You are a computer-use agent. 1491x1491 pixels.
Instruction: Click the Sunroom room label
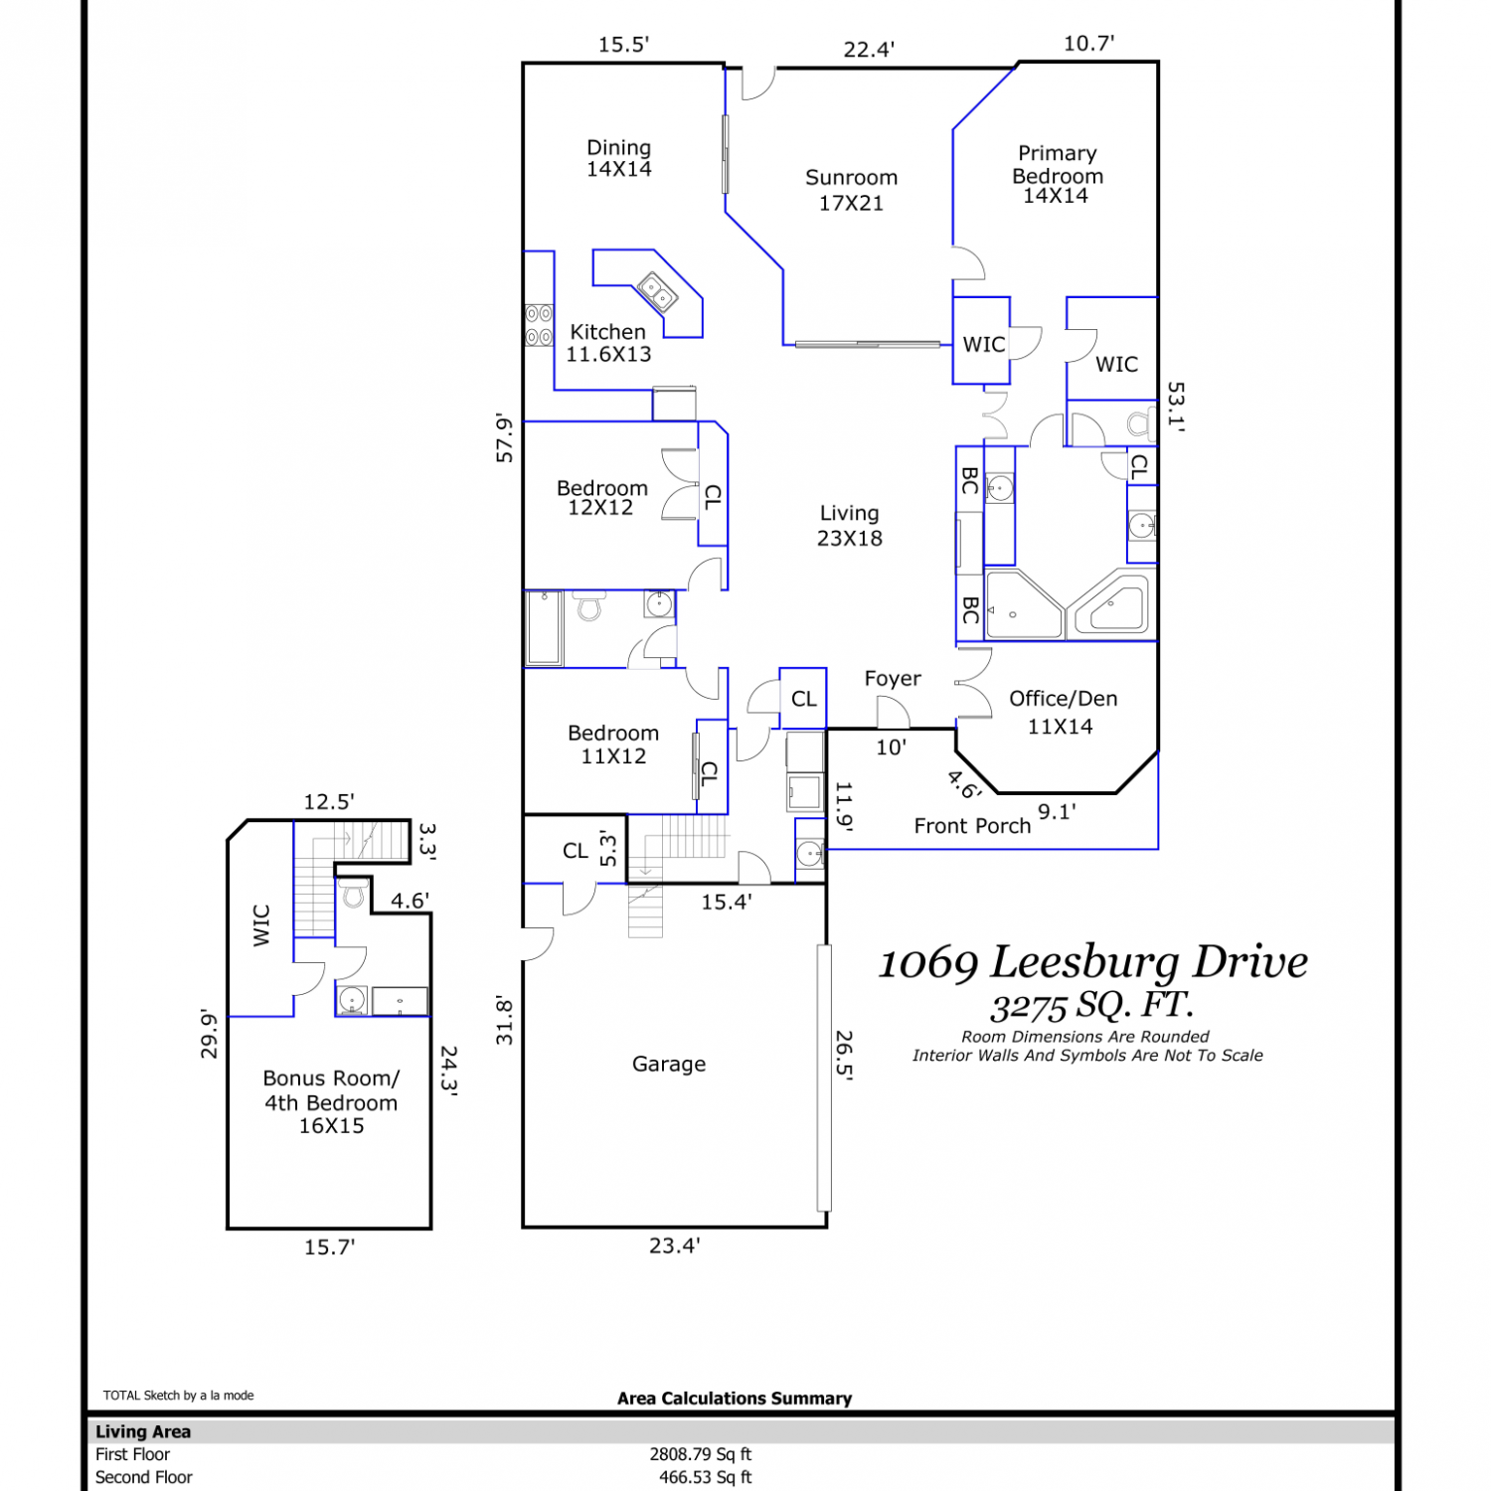(851, 190)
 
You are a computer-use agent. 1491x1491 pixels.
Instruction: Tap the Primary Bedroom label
(1057, 174)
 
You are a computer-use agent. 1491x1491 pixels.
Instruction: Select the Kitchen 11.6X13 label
(608, 343)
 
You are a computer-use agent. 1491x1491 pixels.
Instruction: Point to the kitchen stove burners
(539, 325)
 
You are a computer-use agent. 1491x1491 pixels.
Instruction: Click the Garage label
(669, 1064)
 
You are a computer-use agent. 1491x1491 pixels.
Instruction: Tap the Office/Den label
(1063, 713)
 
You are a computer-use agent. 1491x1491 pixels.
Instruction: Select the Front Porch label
(972, 826)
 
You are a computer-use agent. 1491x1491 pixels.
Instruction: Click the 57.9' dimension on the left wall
(505, 438)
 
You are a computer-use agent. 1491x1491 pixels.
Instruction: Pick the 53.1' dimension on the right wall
(1176, 406)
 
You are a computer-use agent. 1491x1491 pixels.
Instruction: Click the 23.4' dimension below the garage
(675, 1245)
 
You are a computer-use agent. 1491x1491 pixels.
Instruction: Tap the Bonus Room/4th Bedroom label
(331, 1101)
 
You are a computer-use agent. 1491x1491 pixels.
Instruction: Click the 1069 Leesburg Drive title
(1093, 962)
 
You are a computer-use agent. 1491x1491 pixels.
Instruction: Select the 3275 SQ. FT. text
(1091, 1006)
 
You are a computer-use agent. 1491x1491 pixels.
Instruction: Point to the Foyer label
(893, 678)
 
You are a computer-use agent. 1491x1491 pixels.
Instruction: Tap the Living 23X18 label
(850, 526)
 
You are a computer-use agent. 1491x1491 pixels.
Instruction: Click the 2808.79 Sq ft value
(701, 1454)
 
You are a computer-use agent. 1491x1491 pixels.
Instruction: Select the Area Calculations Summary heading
(735, 1399)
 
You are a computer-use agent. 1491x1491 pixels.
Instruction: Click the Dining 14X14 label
(618, 158)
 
